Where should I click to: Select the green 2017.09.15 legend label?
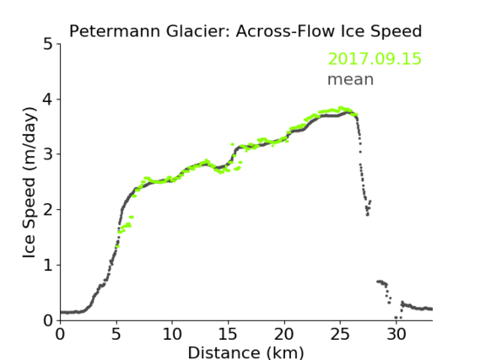(x=375, y=59)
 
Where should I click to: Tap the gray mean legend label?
(x=351, y=79)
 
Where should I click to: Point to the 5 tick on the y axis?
(x=47, y=45)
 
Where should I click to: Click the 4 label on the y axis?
(x=47, y=99)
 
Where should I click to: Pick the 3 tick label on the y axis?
(x=47, y=154)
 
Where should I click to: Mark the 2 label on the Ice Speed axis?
(x=47, y=210)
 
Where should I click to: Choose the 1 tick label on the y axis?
(x=48, y=265)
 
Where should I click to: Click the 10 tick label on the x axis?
(x=172, y=334)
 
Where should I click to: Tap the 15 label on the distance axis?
(x=228, y=334)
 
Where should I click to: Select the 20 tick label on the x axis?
(x=284, y=334)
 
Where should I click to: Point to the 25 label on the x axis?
(x=340, y=334)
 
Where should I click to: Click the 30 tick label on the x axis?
(x=396, y=334)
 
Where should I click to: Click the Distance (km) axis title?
(x=245, y=352)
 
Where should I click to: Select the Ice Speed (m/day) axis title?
(x=30, y=183)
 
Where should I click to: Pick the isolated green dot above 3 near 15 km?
(x=232, y=144)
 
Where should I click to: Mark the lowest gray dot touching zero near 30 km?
(x=396, y=318)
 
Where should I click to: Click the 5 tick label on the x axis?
(x=116, y=334)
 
